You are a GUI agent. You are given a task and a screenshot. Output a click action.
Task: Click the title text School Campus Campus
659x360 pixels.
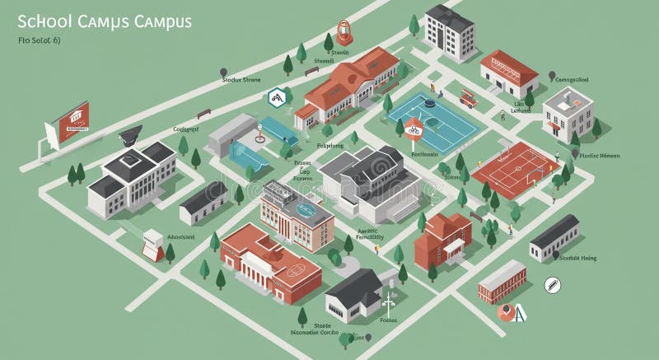[x=104, y=21]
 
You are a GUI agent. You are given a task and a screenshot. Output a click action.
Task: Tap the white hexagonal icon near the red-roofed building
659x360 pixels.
[x=277, y=97]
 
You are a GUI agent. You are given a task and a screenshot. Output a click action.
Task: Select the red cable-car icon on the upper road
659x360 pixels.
[x=344, y=32]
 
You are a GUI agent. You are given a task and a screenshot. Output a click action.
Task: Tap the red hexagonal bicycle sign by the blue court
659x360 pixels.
[x=414, y=125]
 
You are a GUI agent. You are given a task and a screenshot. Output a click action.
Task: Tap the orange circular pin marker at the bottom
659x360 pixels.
[x=506, y=311]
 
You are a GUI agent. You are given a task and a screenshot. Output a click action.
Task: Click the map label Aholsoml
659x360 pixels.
[x=180, y=237]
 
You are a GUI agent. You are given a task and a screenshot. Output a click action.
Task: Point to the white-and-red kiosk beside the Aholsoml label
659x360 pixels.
[x=152, y=244]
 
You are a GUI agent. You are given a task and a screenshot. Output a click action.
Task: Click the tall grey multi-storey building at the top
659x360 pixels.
[x=448, y=33]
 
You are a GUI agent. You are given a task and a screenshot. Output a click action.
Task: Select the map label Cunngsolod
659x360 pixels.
[x=571, y=80]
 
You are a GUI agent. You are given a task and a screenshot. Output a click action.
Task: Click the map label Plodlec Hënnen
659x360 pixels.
[x=599, y=155]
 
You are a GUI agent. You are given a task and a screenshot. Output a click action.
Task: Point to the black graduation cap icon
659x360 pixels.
[x=130, y=133]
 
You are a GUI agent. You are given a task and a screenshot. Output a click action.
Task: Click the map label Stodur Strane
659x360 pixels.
[x=241, y=80]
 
